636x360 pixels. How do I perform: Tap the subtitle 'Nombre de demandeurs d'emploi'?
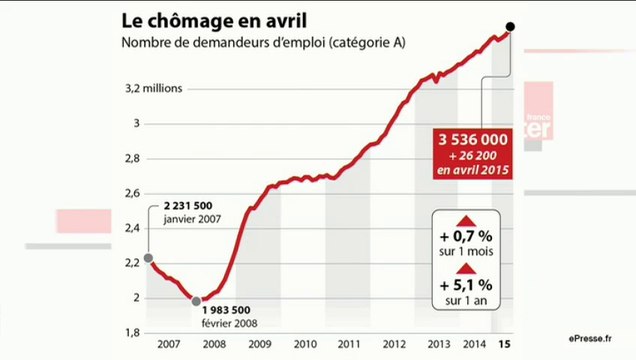[231, 42]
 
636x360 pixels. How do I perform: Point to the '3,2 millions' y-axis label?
[154, 89]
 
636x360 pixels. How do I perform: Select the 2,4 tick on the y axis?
[134, 228]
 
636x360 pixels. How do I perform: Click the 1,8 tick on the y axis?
[134, 332]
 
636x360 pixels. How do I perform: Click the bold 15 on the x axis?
[503, 345]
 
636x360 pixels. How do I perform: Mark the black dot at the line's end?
[511, 27]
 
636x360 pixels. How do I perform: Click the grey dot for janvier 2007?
[149, 259]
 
